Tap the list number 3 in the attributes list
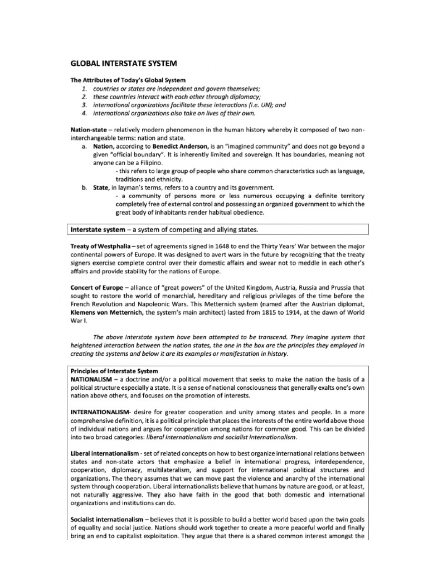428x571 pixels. pos(84,105)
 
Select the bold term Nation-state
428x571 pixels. pos(88,129)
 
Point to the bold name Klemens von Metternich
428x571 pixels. pos(107,312)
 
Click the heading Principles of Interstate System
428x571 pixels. pos(114,371)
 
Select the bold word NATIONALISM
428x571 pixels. pos(95,379)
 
